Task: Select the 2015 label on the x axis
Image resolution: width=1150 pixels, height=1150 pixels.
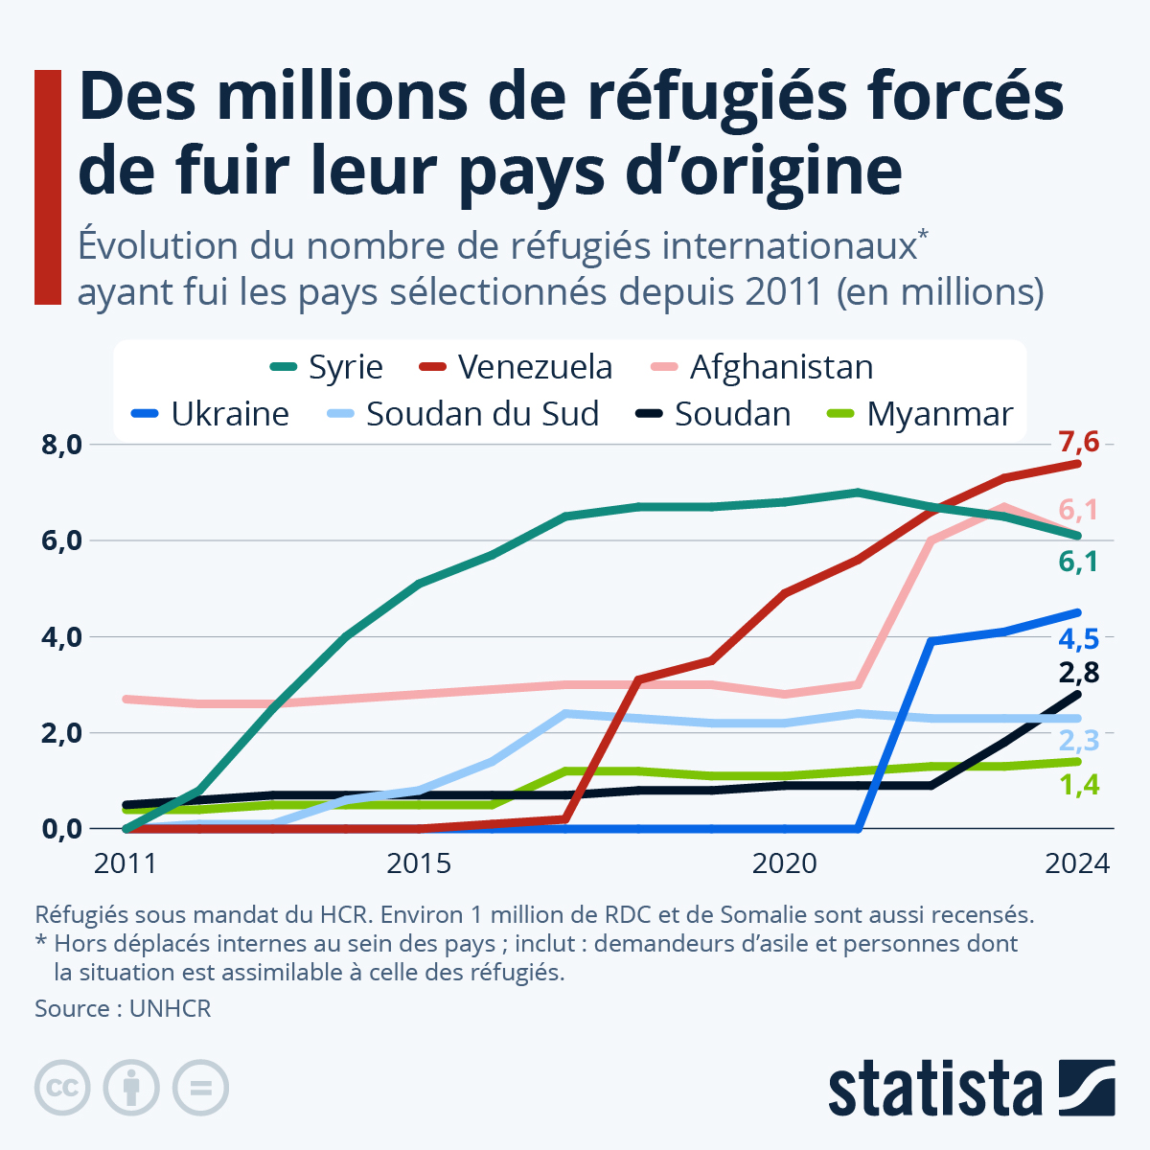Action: click(x=418, y=863)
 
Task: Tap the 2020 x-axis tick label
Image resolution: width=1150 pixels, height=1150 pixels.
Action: click(x=784, y=863)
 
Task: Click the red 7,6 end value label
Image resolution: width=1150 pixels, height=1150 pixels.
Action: click(x=1078, y=443)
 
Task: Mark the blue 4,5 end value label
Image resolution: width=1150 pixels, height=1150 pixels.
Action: click(x=1078, y=638)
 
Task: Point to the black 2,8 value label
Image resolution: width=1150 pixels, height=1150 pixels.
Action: click(x=1078, y=673)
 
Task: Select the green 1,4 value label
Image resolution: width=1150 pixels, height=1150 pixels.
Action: click(x=1078, y=786)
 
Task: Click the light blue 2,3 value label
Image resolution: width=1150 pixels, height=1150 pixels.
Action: click(x=1078, y=740)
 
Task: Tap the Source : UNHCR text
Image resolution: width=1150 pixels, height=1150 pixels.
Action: click(x=123, y=1008)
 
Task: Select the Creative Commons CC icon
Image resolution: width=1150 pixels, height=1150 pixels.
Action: click(x=62, y=1088)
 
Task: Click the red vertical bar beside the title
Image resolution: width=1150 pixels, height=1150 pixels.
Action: click(x=48, y=187)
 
